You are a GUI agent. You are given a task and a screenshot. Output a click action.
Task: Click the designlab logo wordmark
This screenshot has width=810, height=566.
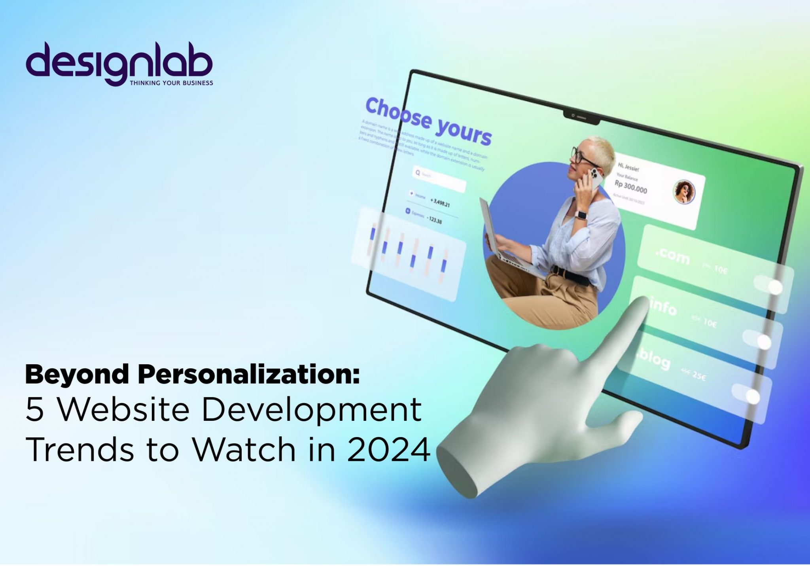[119, 63]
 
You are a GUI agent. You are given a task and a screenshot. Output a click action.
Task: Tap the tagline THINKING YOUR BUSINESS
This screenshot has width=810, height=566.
[171, 83]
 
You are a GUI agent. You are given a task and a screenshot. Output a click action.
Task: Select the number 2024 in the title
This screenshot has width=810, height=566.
[388, 450]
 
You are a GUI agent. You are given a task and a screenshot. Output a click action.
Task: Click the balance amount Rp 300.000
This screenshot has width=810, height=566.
[630, 187]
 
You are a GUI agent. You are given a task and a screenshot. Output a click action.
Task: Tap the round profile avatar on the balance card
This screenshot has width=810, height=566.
[684, 192]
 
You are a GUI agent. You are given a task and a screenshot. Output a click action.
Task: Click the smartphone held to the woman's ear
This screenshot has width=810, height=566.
[593, 178]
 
